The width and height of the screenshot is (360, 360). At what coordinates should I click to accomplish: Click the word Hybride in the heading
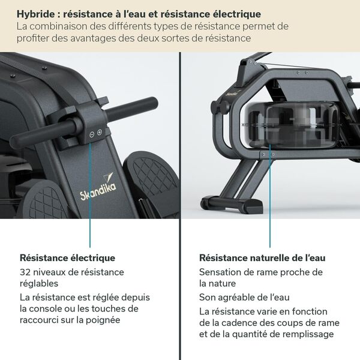point(35,13)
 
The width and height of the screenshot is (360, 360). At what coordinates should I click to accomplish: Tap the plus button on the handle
point(100,133)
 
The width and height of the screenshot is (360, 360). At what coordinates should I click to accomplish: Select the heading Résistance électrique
point(67,258)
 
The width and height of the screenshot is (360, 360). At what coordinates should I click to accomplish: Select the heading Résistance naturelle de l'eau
point(262,258)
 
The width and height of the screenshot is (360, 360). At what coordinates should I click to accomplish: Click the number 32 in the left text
point(25,272)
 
